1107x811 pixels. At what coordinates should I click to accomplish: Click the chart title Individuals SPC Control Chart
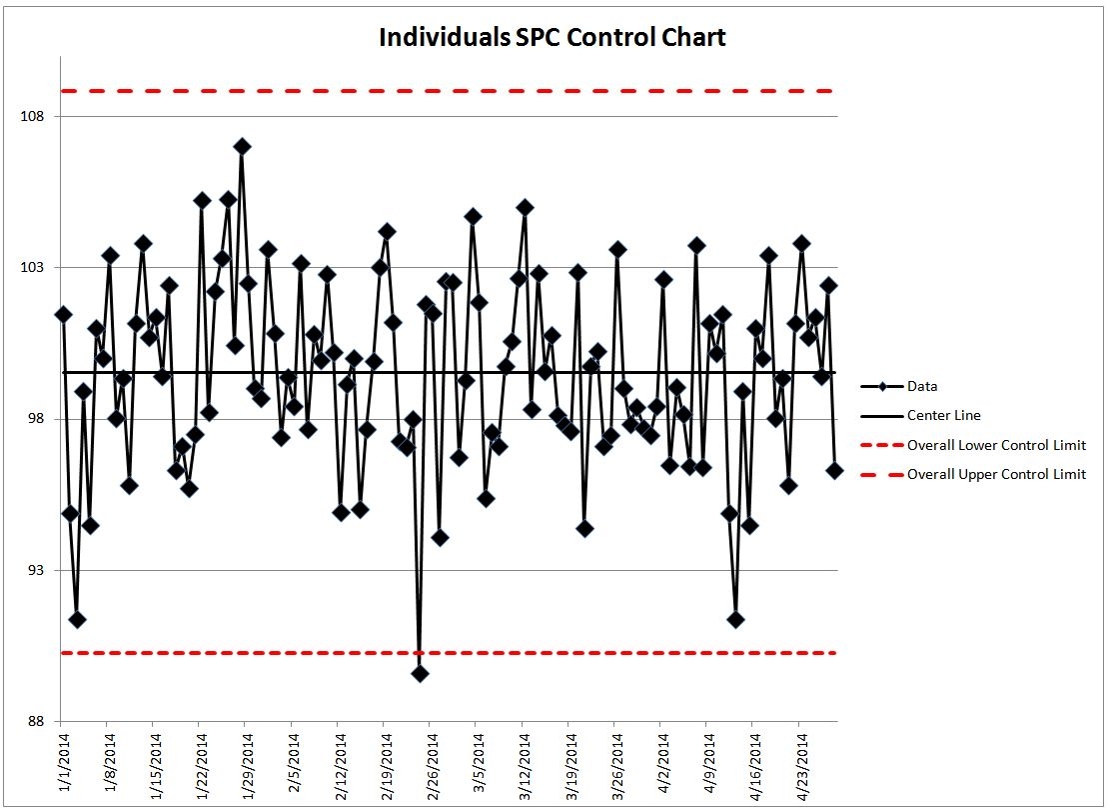point(553,38)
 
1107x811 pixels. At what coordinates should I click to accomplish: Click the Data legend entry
point(922,386)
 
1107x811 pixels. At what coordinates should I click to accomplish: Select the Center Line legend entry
point(943,415)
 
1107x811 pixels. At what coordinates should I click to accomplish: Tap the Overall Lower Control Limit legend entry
point(995,445)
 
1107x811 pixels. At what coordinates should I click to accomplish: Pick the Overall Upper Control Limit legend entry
point(995,475)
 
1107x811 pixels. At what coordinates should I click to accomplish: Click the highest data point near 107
point(242,146)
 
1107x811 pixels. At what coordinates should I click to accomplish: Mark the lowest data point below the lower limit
point(420,673)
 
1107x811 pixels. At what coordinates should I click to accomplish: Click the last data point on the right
point(834,470)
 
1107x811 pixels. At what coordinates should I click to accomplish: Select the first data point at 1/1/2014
point(63,314)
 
